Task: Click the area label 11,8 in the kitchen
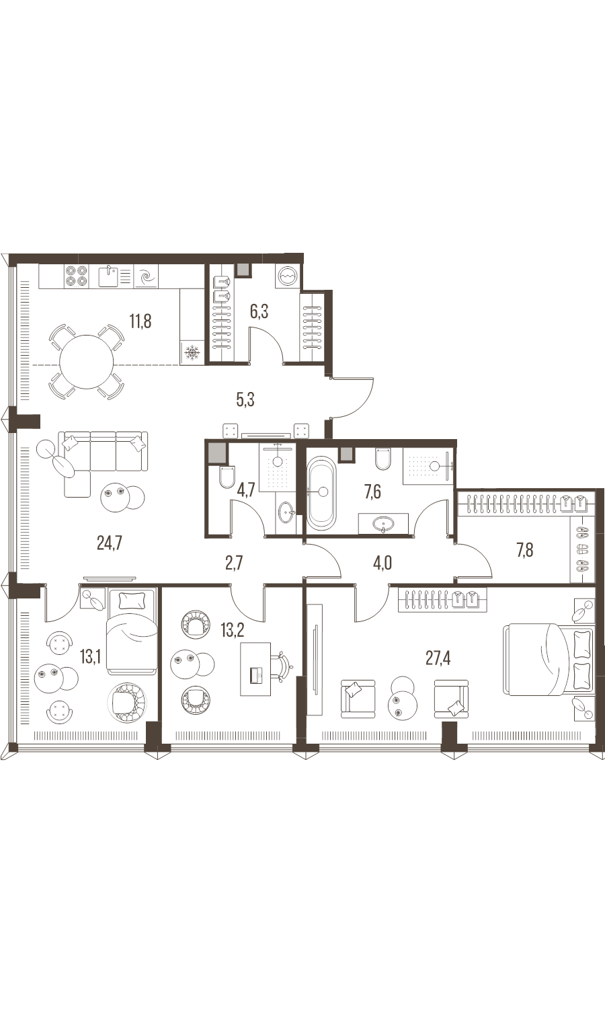coord(140,322)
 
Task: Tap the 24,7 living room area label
coord(110,543)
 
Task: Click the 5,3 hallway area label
coord(245,399)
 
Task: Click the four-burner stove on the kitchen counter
coord(75,276)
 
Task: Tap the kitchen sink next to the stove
coord(109,276)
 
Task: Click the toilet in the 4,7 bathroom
coord(227,477)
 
